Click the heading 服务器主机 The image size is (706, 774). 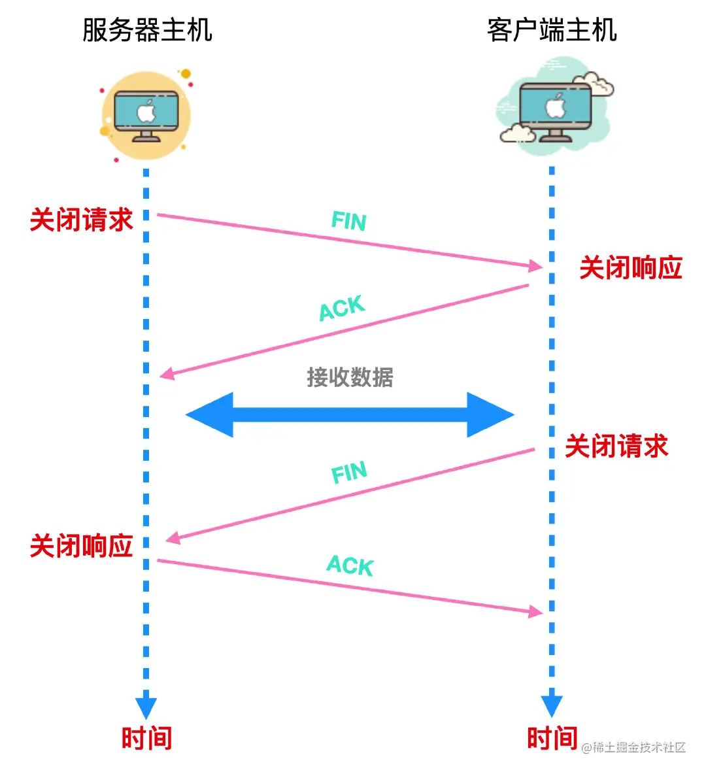[x=147, y=30]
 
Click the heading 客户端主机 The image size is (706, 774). [x=552, y=30]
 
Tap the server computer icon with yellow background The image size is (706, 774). [x=146, y=116]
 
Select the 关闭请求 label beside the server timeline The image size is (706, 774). [x=81, y=220]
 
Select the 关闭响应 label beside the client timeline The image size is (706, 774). [x=631, y=268]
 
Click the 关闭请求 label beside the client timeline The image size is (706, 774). [x=616, y=446]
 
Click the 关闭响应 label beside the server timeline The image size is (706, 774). [x=81, y=546]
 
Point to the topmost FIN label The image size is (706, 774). [x=348, y=221]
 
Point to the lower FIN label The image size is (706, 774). [x=349, y=472]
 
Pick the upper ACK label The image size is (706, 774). [x=342, y=308]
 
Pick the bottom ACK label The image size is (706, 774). [x=350, y=565]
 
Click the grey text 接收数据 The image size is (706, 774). [x=350, y=377]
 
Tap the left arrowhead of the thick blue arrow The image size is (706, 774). [x=210, y=414]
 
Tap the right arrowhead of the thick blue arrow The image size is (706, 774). [x=490, y=414]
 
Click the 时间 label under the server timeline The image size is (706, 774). [x=146, y=738]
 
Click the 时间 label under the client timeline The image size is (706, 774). [x=552, y=738]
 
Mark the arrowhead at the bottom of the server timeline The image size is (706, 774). [x=146, y=708]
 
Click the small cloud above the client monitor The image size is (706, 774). [x=592, y=83]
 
